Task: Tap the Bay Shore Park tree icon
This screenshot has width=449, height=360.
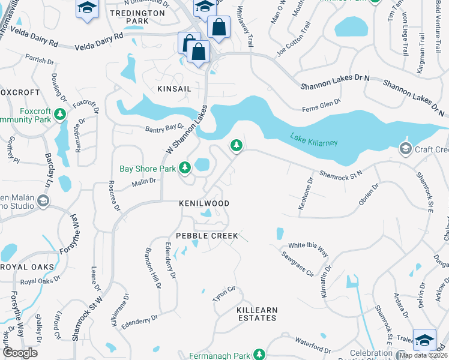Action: [x=185, y=169]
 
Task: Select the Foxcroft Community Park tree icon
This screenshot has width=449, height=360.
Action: [x=59, y=114]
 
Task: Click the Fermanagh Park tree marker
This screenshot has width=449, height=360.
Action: [x=259, y=355]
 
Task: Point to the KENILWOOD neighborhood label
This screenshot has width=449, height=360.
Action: [x=204, y=203]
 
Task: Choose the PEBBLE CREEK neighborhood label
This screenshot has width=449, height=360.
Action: [x=207, y=236]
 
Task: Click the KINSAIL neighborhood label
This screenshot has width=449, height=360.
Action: [x=174, y=88]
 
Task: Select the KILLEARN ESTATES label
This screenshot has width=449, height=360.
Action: [x=258, y=314]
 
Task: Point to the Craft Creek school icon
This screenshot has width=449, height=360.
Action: [x=405, y=148]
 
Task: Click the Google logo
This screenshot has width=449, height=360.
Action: [x=20, y=353]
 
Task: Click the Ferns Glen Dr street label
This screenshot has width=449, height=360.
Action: [x=321, y=106]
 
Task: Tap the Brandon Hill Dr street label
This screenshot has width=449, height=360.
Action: [x=153, y=268]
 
